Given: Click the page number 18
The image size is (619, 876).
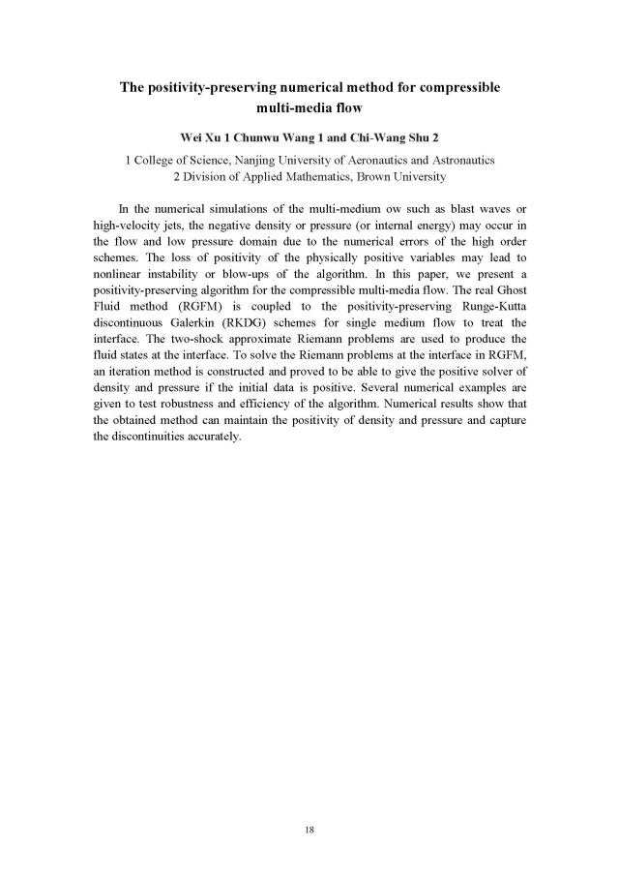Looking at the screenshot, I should click(x=309, y=830).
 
